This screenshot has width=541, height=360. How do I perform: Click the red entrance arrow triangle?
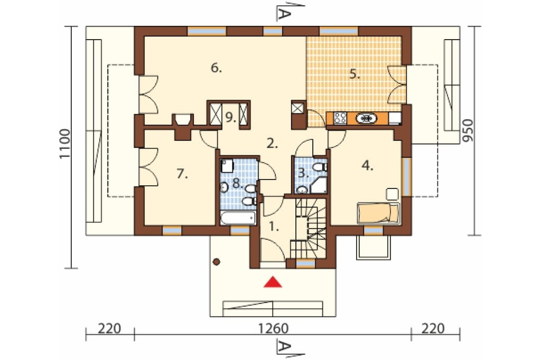click(x=273, y=282)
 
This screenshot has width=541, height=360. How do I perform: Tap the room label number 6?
click(x=216, y=68)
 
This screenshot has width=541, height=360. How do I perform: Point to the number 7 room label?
click(x=182, y=174)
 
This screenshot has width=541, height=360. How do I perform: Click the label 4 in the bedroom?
click(x=368, y=166)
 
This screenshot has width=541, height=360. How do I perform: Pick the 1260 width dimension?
click(x=273, y=328)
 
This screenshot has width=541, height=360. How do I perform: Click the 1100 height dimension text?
click(x=65, y=144)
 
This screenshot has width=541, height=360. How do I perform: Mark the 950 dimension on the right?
click(x=468, y=131)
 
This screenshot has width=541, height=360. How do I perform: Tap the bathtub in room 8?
click(x=238, y=218)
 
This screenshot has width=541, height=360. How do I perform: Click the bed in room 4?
click(x=378, y=213)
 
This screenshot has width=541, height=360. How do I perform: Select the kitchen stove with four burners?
click(x=340, y=118)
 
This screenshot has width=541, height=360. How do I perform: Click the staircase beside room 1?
click(x=309, y=228)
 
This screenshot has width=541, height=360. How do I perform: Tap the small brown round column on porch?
click(x=216, y=262)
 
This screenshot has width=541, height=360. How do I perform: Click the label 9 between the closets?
click(x=230, y=118)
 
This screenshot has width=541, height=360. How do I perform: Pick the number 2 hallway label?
click(x=272, y=144)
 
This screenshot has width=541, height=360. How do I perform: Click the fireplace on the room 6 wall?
click(x=182, y=126)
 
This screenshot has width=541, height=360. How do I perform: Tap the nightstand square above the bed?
click(x=393, y=194)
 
